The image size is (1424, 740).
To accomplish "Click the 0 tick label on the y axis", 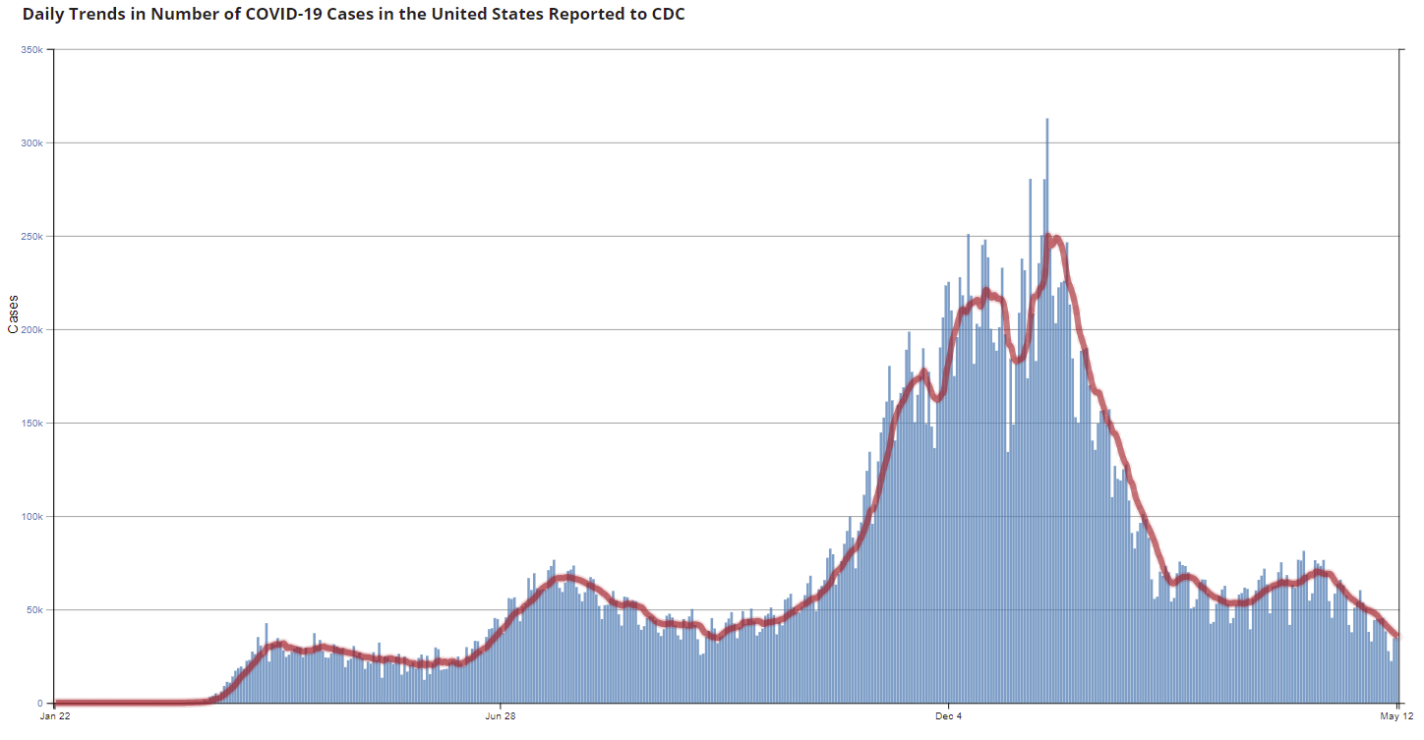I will pos(40,704).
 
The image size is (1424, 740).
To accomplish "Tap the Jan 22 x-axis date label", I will pos(54,716).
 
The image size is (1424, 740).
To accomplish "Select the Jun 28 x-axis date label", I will pos(501,716).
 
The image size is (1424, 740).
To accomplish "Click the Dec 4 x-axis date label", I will pos(949,716).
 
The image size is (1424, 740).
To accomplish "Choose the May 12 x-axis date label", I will pos(1397,716).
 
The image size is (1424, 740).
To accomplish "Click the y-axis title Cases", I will pos(14,314).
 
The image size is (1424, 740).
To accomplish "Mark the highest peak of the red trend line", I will pos(1050,238).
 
